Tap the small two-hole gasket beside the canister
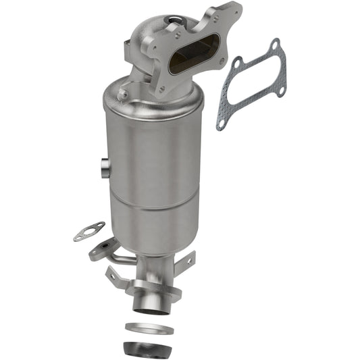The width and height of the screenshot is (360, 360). point(88,231)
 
